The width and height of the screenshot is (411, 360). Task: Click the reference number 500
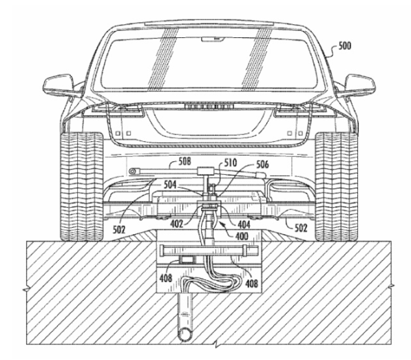pyautogui.click(x=344, y=46)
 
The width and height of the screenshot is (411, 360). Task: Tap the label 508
pyautogui.click(x=185, y=161)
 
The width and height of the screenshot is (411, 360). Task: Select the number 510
pyautogui.click(x=230, y=162)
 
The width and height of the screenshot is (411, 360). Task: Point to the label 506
pyautogui.click(x=262, y=165)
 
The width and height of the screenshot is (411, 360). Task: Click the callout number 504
pyautogui.click(x=170, y=185)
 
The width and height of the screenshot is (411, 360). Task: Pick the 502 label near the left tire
pyautogui.click(x=119, y=230)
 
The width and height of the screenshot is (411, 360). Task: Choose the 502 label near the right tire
pyautogui.click(x=301, y=228)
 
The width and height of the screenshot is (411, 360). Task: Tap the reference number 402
pyautogui.click(x=176, y=224)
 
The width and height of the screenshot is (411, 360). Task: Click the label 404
pyautogui.click(x=244, y=224)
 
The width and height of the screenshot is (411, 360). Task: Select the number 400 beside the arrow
pyautogui.click(x=242, y=236)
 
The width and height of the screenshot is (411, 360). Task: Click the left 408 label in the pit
pyautogui.click(x=166, y=278)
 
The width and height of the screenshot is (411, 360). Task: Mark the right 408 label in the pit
pyautogui.click(x=252, y=283)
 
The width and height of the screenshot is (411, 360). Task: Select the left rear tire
pyautogui.click(x=81, y=187)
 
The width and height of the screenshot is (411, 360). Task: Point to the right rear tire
pyautogui.click(x=337, y=187)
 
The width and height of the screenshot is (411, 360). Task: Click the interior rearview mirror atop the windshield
pyautogui.click(x=213, y=39)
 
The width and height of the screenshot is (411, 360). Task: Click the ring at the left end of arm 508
pyautogui.click(x=132, y=171)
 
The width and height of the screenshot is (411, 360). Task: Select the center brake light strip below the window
pyautogui.click(x=209, y=107)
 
